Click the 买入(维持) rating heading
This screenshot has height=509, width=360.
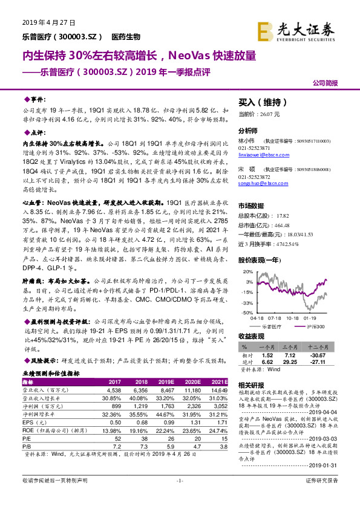pos(261,103)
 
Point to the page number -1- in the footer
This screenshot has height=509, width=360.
pos(179,497)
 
